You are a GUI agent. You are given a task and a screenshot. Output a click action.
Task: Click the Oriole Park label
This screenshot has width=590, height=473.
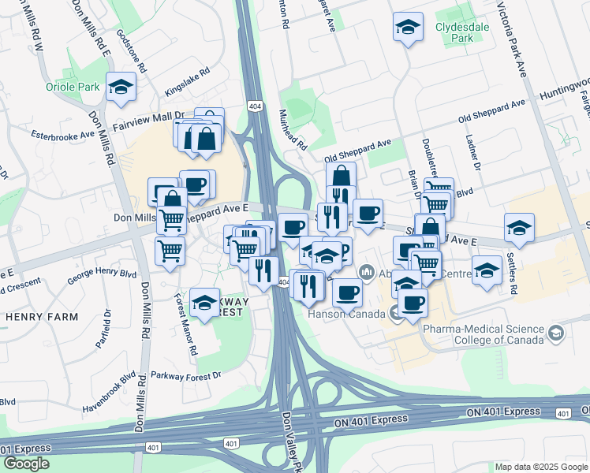[x=73, y=87]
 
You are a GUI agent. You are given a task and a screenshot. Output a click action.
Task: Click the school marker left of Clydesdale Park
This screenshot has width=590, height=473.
[x=407, y=28]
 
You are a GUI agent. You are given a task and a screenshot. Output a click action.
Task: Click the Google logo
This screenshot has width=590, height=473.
[x=26, y=464]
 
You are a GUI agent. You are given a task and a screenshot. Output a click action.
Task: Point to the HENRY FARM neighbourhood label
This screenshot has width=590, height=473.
[x=41, y=317]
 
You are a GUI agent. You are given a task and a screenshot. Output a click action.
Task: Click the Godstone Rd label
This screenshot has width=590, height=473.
[x=132, y=51]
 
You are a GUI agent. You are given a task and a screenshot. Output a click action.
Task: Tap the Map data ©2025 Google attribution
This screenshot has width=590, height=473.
[x=540, y=467]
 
